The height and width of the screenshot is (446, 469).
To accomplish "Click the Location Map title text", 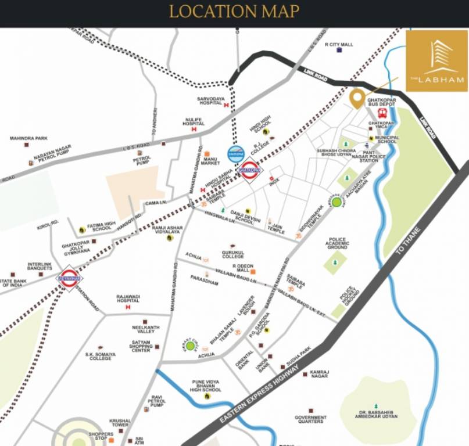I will (234, 12).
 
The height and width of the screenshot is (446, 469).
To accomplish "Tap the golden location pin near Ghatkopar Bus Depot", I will (357, 97).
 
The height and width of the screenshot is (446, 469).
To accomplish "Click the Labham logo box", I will (436, 61).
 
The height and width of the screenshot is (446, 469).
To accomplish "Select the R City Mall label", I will (339, 44).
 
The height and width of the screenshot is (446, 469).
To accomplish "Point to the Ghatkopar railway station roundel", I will (250, 171).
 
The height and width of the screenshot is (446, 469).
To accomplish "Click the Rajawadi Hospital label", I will (128, 298).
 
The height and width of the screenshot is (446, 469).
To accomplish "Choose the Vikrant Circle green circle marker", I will (189, 347).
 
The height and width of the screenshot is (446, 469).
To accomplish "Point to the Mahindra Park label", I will (28, 138).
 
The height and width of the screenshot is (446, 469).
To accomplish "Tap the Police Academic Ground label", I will (337, 243).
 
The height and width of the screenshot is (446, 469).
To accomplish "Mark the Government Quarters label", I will (310, 420).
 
